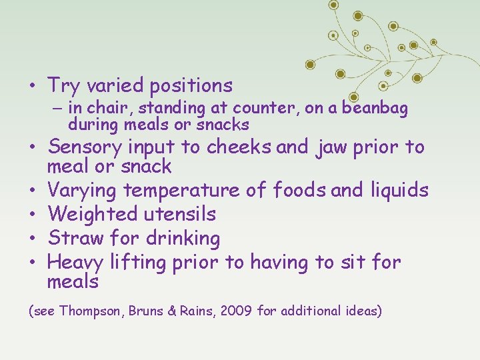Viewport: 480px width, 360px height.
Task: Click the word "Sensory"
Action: pyautogui.click(x=85, y=146)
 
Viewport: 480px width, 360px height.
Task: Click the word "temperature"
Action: pyautogui.click(x=181, y=191)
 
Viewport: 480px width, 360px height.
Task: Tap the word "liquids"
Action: pyautogui.click(x=399, y=191)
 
